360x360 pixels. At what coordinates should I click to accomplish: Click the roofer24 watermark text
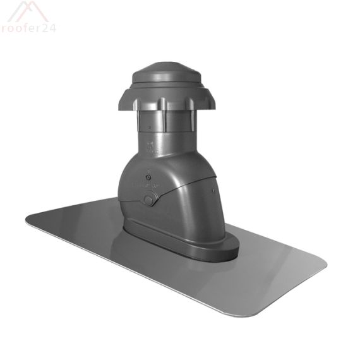(x=28, y=28)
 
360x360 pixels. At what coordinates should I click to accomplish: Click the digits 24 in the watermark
(x=49, y=28)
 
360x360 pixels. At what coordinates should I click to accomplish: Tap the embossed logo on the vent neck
(x=151, y=149)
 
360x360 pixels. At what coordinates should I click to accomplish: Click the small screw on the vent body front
(x=147, y=179)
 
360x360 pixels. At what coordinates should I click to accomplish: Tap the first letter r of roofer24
(x=5, y=28)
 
